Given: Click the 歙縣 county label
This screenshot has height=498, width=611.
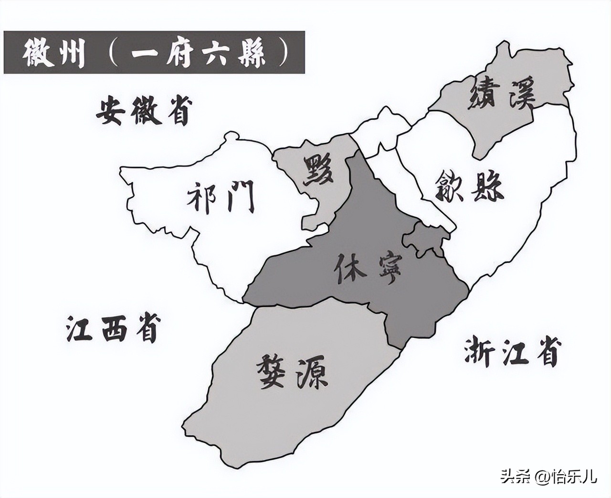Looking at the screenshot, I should click(470, 187).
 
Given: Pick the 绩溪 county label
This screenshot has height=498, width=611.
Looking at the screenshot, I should click(502, 93).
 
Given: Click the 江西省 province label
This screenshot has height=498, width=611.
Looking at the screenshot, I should click(112, 327).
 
